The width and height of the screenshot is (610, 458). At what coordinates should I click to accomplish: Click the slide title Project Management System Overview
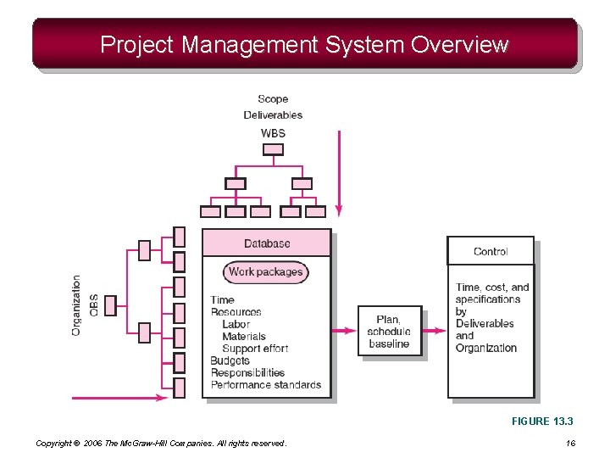click(x=304, y=44)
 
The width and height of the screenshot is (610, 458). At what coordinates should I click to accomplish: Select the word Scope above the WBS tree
click(x=273, y=99)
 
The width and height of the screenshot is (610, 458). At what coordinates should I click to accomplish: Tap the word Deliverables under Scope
click(x=273, y=114)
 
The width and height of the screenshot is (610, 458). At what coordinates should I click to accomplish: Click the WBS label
click(x=273, y=133)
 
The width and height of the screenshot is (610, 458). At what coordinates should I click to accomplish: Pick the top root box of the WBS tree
click(x=273, y=150)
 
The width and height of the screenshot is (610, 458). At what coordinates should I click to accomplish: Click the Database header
click(x=267, y=243)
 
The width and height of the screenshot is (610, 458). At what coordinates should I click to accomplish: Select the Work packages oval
click(x=265, y=272)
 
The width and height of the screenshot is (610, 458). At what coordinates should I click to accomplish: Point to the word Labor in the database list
click(x=236, y=324)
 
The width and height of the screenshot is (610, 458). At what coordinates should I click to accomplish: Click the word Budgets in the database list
click(x=230, y=360)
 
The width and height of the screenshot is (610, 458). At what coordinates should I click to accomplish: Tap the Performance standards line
click(x=266, y=385)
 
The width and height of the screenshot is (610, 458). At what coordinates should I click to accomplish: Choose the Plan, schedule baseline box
click(x=390, y=331)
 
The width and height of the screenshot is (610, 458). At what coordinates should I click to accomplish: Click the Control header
click(x=491, y=251)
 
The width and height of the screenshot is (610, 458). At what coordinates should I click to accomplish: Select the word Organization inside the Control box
click(x=485, y=348)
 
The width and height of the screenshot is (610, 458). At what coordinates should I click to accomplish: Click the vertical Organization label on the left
click(x=76, y=304)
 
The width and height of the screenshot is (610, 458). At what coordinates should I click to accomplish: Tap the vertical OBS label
click(x=93, y=304)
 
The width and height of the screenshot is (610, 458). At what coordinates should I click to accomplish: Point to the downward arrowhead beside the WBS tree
click(x=338, y=209)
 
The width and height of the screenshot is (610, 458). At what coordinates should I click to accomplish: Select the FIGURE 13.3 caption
click(x=542, y=421)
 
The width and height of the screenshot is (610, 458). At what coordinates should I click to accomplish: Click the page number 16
click(x=570, y=443)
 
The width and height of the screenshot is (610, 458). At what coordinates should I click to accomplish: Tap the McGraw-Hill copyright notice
click(x=161, y=443)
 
